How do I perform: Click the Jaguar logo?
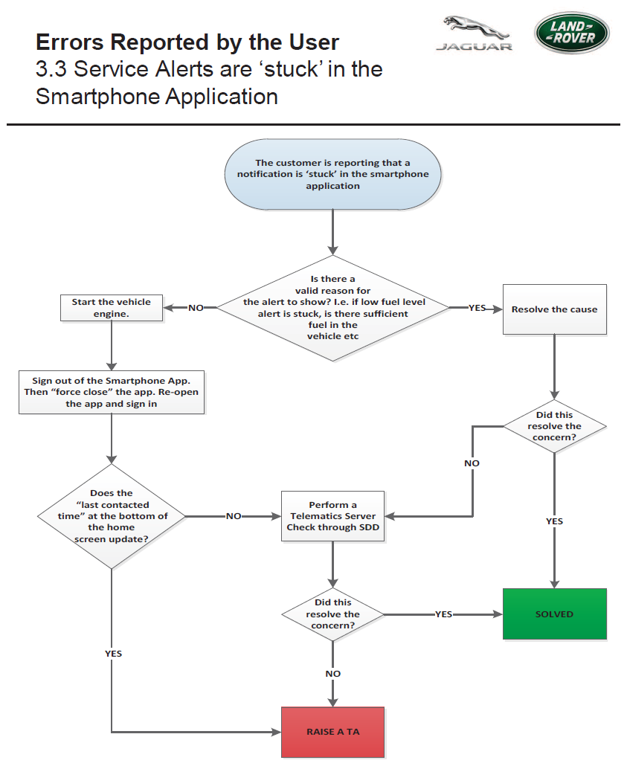(474, 33)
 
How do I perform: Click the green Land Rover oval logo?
(572, 33)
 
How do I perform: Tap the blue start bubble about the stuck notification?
(332, 175)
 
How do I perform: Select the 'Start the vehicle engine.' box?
(112, 308)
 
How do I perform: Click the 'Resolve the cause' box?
(555, 309)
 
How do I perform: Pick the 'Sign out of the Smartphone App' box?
(112, 392)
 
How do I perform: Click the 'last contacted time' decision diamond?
(112, 516)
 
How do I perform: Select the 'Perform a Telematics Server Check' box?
(332, 516)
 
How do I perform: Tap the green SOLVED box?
(555, 614)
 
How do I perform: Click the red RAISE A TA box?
(332, 732)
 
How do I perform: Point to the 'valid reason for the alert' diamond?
(332, 308)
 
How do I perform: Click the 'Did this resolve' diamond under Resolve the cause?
(555, 426)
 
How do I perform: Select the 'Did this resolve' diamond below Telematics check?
(332, 614)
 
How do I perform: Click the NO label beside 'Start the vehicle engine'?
(196, 308)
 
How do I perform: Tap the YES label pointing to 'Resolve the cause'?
(477, 308)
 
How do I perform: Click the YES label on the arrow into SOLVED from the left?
(444, 614)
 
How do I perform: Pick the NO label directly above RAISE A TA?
(332, 674)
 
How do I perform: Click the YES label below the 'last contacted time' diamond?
(113, 654)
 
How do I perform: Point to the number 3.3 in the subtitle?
(51, 69)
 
